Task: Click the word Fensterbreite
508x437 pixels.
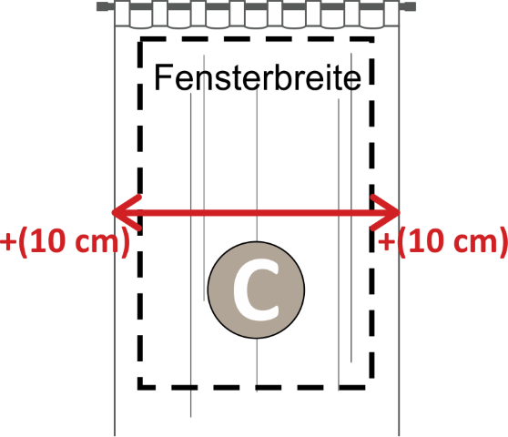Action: (258, 77)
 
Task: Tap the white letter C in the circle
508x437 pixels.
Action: (256, 290)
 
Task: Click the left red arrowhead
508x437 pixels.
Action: (127, 212)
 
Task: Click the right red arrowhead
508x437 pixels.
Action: (385, 212)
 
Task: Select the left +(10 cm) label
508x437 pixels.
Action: (65, 241)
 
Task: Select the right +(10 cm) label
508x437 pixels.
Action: (442, 241)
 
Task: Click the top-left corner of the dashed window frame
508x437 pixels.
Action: (140, 39)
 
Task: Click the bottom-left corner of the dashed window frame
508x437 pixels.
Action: (140, 388)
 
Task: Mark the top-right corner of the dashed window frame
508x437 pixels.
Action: (371, 39)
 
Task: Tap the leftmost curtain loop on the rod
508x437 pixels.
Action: (122, 14)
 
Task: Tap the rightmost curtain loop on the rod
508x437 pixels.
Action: (391, 14)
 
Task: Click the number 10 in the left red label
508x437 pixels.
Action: (49, 240)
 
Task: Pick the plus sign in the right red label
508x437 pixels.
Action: (386, 242)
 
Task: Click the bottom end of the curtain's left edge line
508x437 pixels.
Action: (115, 435)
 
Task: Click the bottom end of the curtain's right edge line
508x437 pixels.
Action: (399, 435)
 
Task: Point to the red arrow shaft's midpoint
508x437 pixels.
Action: (256, 212)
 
